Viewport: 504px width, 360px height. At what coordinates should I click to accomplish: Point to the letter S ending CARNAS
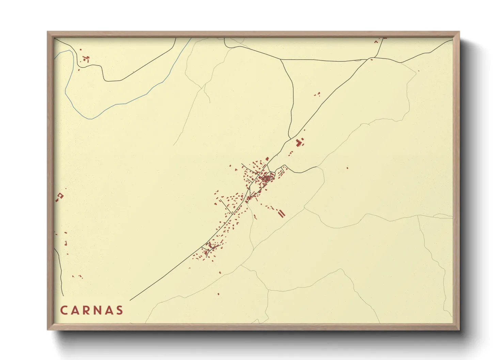click(x=120, y=310)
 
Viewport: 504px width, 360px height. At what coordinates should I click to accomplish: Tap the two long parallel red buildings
click(x=281, y=214)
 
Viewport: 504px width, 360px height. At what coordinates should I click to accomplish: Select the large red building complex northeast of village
click(x=300, y=142)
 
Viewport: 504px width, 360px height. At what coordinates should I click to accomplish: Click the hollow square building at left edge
click(x=61, y=196)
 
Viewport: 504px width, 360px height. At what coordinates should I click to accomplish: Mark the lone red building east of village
click(x=347, y=167)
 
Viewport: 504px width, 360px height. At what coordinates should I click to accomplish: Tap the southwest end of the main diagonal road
click(x=131, y=300)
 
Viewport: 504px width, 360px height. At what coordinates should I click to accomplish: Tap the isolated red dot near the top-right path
click(x=419, y=71)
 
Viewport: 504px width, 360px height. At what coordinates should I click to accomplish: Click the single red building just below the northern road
click(x=372, y=60)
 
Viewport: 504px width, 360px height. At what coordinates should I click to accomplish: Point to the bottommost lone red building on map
click(x=218, y=294)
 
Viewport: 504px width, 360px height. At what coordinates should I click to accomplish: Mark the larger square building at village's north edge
click(x=267, y=159)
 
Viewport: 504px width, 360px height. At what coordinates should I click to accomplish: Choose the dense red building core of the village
click(x=267, y=178)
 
